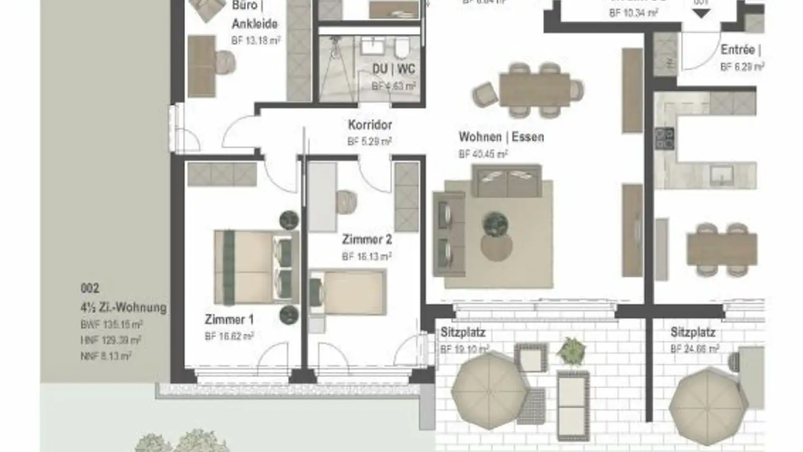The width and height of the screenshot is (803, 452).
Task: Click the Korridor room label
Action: click(370, 124)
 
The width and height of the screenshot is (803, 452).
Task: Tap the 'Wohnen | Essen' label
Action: click(501, 137)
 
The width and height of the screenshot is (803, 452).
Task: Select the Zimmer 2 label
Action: click(366, 240)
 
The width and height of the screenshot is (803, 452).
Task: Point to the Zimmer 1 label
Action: click(229, 320)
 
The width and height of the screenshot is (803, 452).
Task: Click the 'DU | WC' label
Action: click(394, 69)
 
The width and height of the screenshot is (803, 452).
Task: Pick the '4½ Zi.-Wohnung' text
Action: click(123, 307)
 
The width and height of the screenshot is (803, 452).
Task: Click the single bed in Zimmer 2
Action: click(349, 292)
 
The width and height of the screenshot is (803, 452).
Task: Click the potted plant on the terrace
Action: click(570, 350)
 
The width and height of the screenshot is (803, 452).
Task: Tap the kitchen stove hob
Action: click(664, 137)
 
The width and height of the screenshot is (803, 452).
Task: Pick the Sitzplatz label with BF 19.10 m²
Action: click(463, 333)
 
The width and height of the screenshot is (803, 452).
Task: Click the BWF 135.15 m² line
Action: click(112, 324)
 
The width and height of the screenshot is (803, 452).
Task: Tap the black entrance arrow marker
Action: click(701, 13)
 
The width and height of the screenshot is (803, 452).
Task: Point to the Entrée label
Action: click(737, 50)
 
